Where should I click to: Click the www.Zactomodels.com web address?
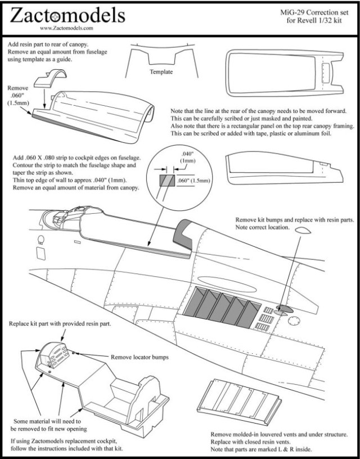pos(66,26)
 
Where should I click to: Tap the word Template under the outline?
pos(161,72)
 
